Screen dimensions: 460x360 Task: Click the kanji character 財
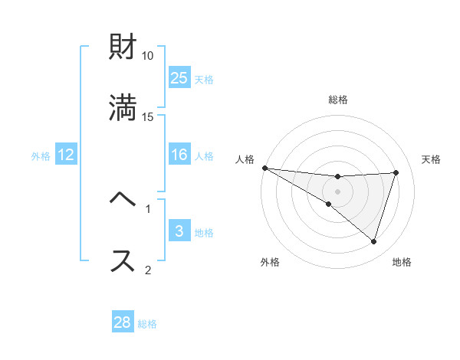coord(123,48)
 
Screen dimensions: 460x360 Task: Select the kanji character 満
coord(123,109)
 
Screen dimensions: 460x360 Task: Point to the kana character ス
coord(123,260)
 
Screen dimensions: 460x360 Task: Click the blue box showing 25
coord(179,78)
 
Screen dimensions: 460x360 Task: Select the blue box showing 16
coord(179,155)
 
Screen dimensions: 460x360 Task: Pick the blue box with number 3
coord(179,231)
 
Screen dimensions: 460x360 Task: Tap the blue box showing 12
coord(66,155)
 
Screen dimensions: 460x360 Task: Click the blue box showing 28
coord(123,322)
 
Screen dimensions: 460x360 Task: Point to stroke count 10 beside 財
coord(148,56)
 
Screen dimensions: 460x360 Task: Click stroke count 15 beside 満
coord(148,117)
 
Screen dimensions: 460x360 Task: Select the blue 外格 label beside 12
coord(41,155)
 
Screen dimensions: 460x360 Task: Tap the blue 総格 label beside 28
coord(147,323)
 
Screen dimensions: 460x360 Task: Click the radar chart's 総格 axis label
coord(338,100)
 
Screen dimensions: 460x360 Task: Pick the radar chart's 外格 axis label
coord(270,262)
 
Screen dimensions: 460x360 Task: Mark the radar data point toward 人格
coord(264,168)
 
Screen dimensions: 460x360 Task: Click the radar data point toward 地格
coord(373,241)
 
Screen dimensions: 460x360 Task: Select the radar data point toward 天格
coord(396,172)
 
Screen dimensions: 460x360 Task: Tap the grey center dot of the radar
coord(338,191)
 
